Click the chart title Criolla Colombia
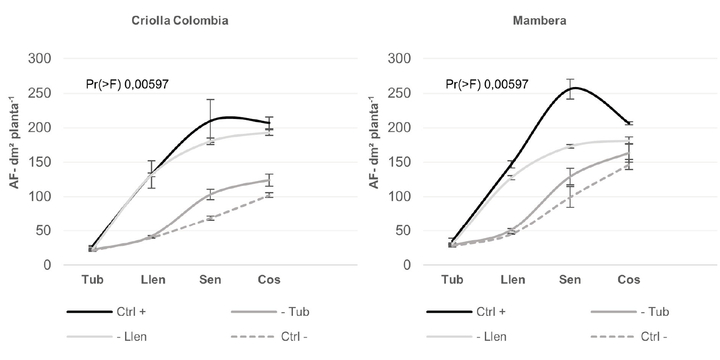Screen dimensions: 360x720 [180, 21]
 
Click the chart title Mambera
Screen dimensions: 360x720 [539, 21]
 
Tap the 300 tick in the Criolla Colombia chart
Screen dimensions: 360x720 [40, 59]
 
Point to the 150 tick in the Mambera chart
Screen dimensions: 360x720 [400, 162]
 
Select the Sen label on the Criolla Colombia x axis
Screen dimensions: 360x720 [210, 280]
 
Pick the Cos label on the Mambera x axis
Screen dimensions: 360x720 [629, 280]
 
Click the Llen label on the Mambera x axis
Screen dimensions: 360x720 [513, 280]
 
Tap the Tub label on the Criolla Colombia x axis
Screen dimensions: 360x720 [93, 280]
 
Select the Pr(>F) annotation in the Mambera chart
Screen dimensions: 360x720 [487, 84]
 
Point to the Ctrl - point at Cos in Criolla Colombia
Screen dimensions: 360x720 [269, 195]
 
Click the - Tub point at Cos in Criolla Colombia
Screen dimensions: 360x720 [269, 180]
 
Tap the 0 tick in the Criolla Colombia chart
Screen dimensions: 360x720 [47, 266]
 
